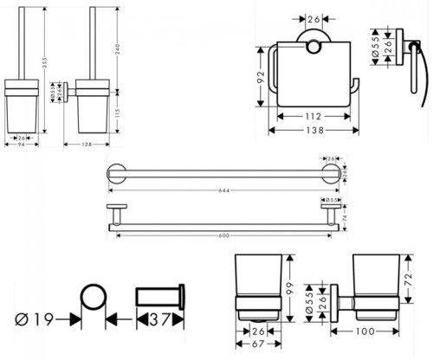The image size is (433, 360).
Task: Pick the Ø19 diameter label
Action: click(x=36, y=320)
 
